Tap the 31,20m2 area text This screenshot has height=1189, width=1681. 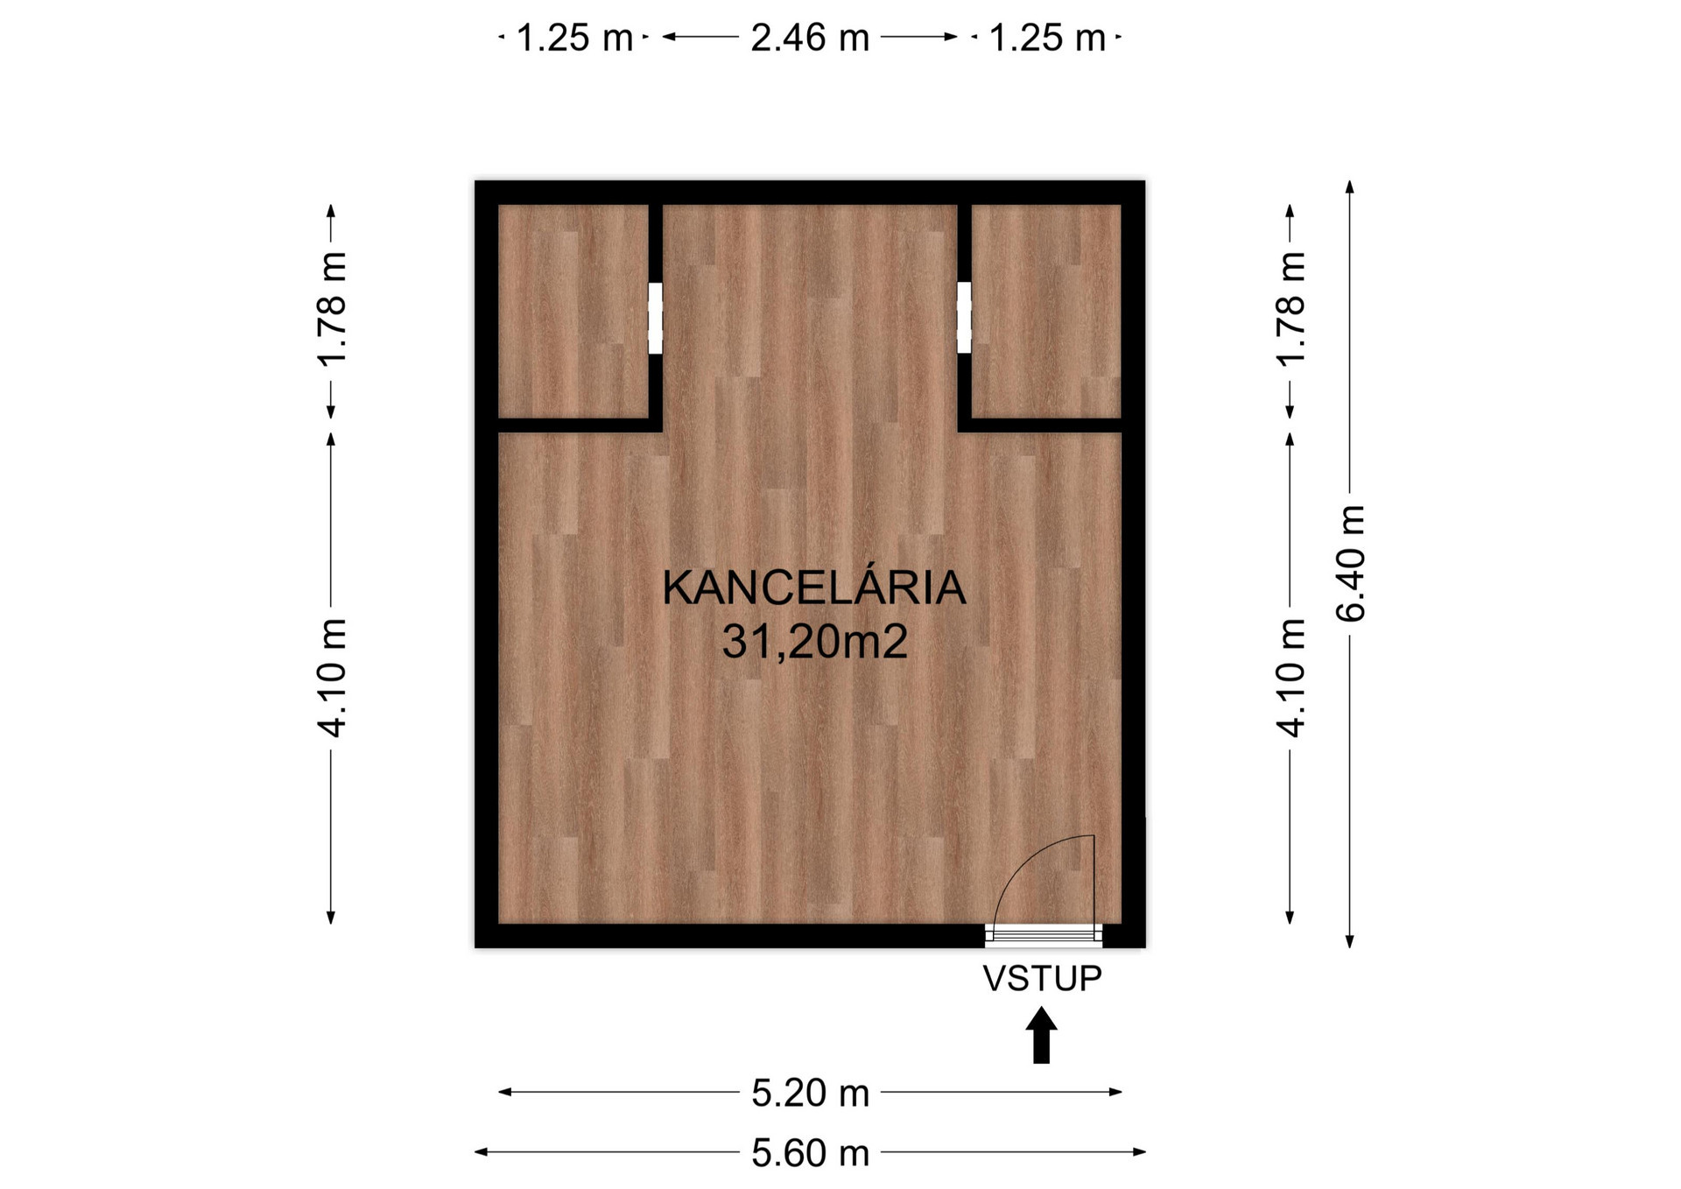814,642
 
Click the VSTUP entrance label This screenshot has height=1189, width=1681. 1042,978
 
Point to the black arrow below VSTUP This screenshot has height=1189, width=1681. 1041,1035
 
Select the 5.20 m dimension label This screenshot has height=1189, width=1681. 810,1093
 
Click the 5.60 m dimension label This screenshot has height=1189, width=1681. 810,1153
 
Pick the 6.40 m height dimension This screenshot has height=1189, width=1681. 1350,564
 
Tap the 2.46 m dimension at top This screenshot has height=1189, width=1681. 810,38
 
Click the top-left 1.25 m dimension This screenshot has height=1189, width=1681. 574,38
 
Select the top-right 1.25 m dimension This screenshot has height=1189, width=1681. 1047,38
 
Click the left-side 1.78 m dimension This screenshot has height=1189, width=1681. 332,308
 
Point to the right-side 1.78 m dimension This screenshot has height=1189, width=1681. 1290,308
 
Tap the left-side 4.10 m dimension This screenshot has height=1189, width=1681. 332,678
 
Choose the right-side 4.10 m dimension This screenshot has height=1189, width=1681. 1290,678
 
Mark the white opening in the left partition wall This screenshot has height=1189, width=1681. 655,318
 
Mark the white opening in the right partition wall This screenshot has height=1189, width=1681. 964,317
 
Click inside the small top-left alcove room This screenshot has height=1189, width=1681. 573,311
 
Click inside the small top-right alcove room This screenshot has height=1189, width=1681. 1046,311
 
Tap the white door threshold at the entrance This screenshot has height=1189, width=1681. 1044,935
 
